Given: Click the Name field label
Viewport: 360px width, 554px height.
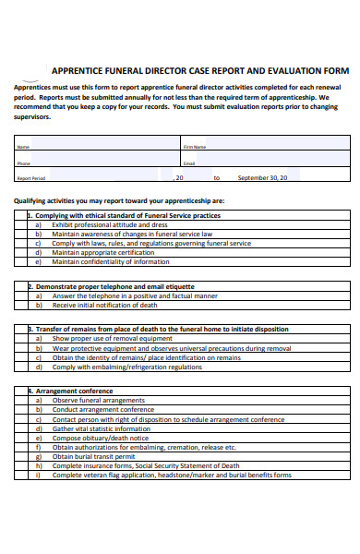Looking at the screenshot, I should click(24, 147).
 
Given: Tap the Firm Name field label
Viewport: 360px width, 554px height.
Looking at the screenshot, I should click(195, 147).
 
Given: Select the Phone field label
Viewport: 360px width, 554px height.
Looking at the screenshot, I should click(24, 163).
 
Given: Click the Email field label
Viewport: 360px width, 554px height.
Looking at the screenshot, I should click(189, 163).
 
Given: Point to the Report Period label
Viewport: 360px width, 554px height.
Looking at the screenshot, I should click(31, 178).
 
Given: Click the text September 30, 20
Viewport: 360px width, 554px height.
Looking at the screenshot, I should click(263, 177).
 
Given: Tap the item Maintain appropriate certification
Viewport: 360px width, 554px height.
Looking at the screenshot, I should click(103, 252).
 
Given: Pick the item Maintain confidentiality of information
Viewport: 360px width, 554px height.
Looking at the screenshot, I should click(111, 261).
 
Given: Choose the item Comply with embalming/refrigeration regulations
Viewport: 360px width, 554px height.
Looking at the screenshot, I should click(127, 367).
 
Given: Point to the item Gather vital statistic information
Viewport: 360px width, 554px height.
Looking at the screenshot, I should click(101, 428).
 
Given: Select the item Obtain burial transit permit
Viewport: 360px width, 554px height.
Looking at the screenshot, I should click(96, 456).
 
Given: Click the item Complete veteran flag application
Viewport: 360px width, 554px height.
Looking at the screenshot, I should click(172, 475).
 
